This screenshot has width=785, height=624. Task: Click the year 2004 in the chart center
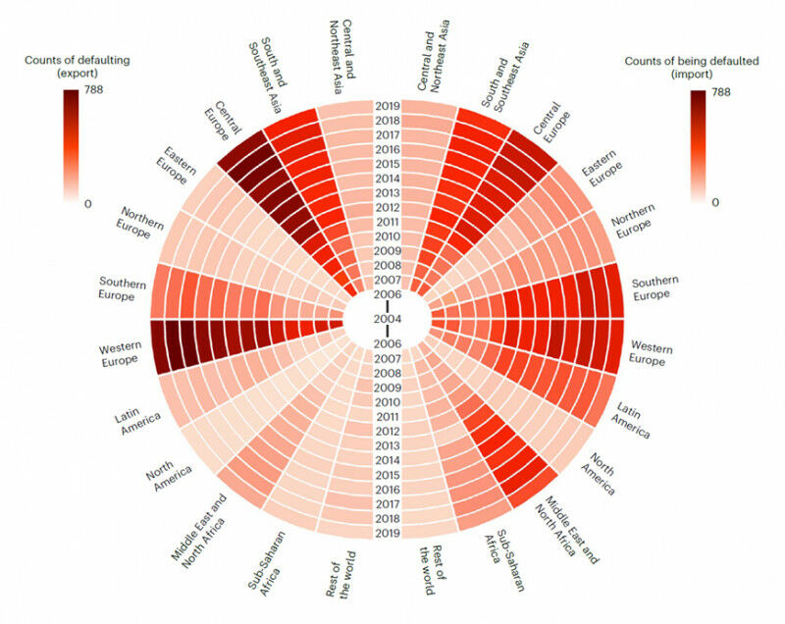(x=387, y=318)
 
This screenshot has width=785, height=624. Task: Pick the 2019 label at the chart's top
(x=387, y=105)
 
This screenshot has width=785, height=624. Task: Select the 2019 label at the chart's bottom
(x=387, y=533)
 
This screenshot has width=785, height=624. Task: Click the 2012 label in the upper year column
(x=387, y=207)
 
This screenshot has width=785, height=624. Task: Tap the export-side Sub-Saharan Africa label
(x=260, y=564)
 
